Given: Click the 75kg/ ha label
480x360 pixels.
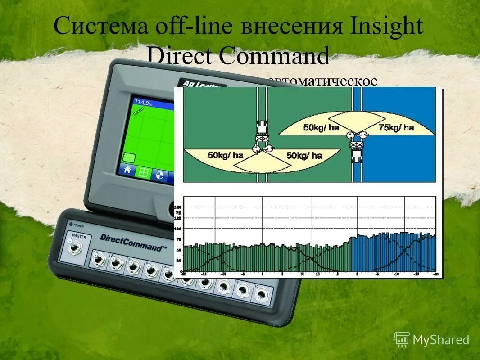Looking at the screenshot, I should pyautogui.click(x=396, y=128).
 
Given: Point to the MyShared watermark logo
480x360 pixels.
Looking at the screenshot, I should pyautogui.click(x=431, y=340).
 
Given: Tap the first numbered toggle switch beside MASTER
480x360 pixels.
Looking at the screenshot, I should pyautogui.click(x=97, y=259).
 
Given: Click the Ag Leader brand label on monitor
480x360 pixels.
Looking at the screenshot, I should pyautogui.click(x=198, y=84).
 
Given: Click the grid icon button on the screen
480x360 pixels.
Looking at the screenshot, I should pyautogui.click(x=143, y=173).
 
